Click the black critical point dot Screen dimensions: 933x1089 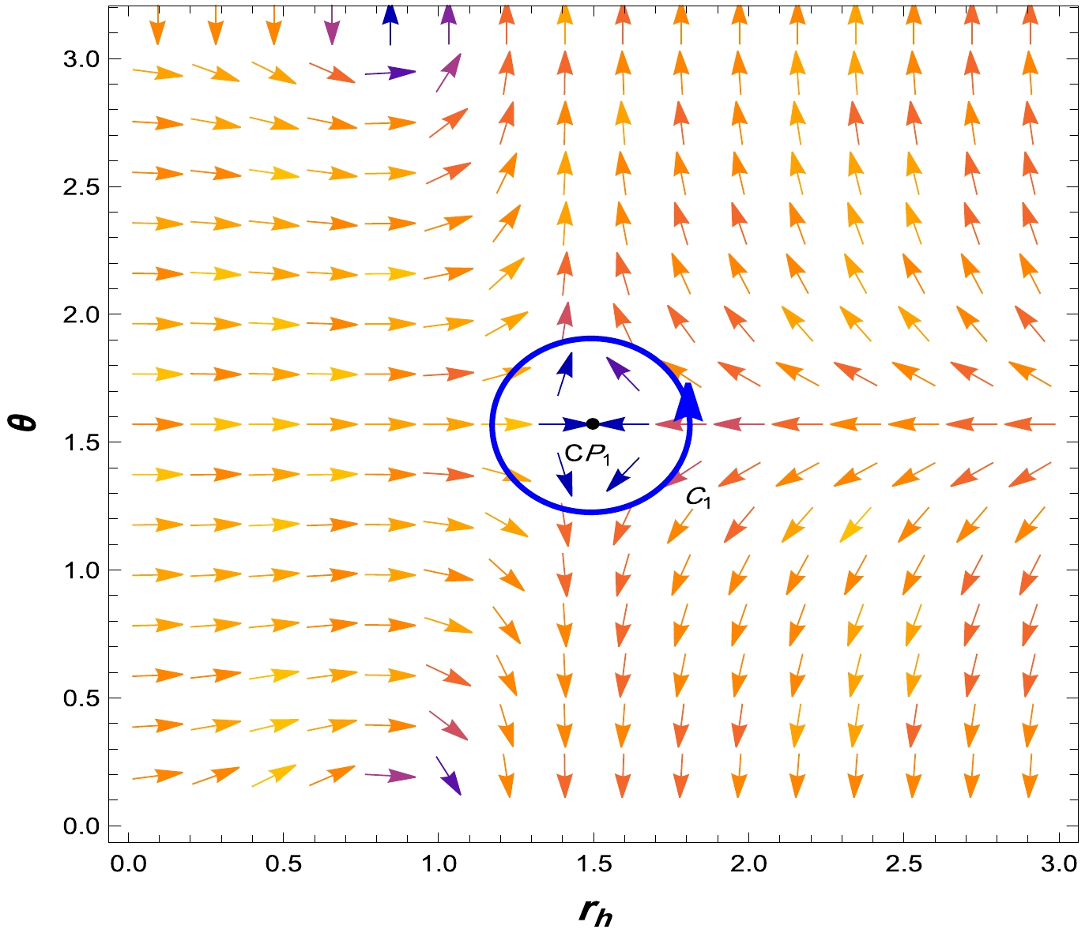593,424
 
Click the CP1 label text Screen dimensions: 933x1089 588,454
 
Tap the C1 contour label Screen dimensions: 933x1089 698,498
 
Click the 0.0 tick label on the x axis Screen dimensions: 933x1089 127,863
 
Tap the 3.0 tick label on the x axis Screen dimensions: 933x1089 1058,863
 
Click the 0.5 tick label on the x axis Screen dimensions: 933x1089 283,863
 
